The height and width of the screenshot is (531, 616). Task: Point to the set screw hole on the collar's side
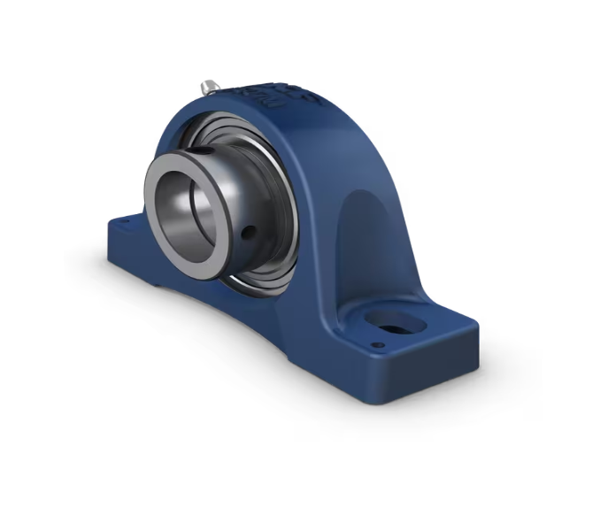click(x=250, y=233)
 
